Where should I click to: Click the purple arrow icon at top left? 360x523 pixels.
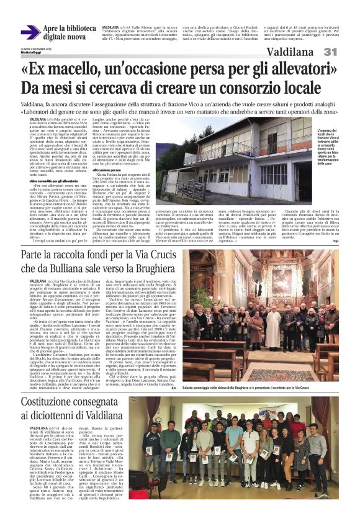29,33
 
